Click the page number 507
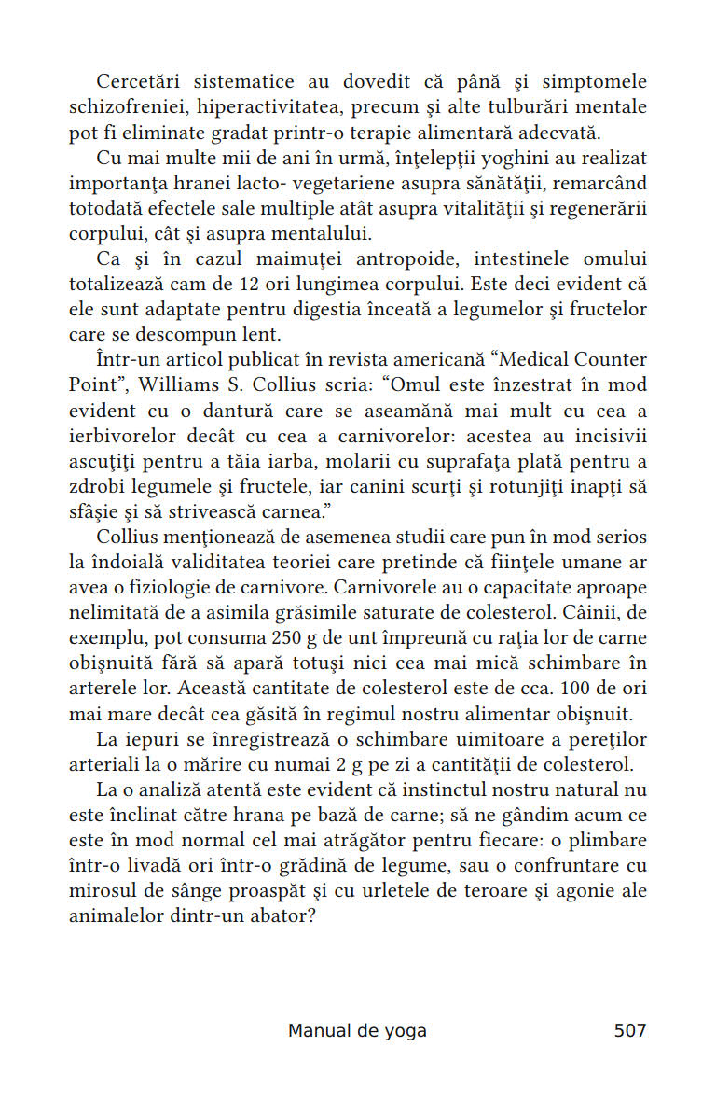click(629, 1030)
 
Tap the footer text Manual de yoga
click(357, 1030)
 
